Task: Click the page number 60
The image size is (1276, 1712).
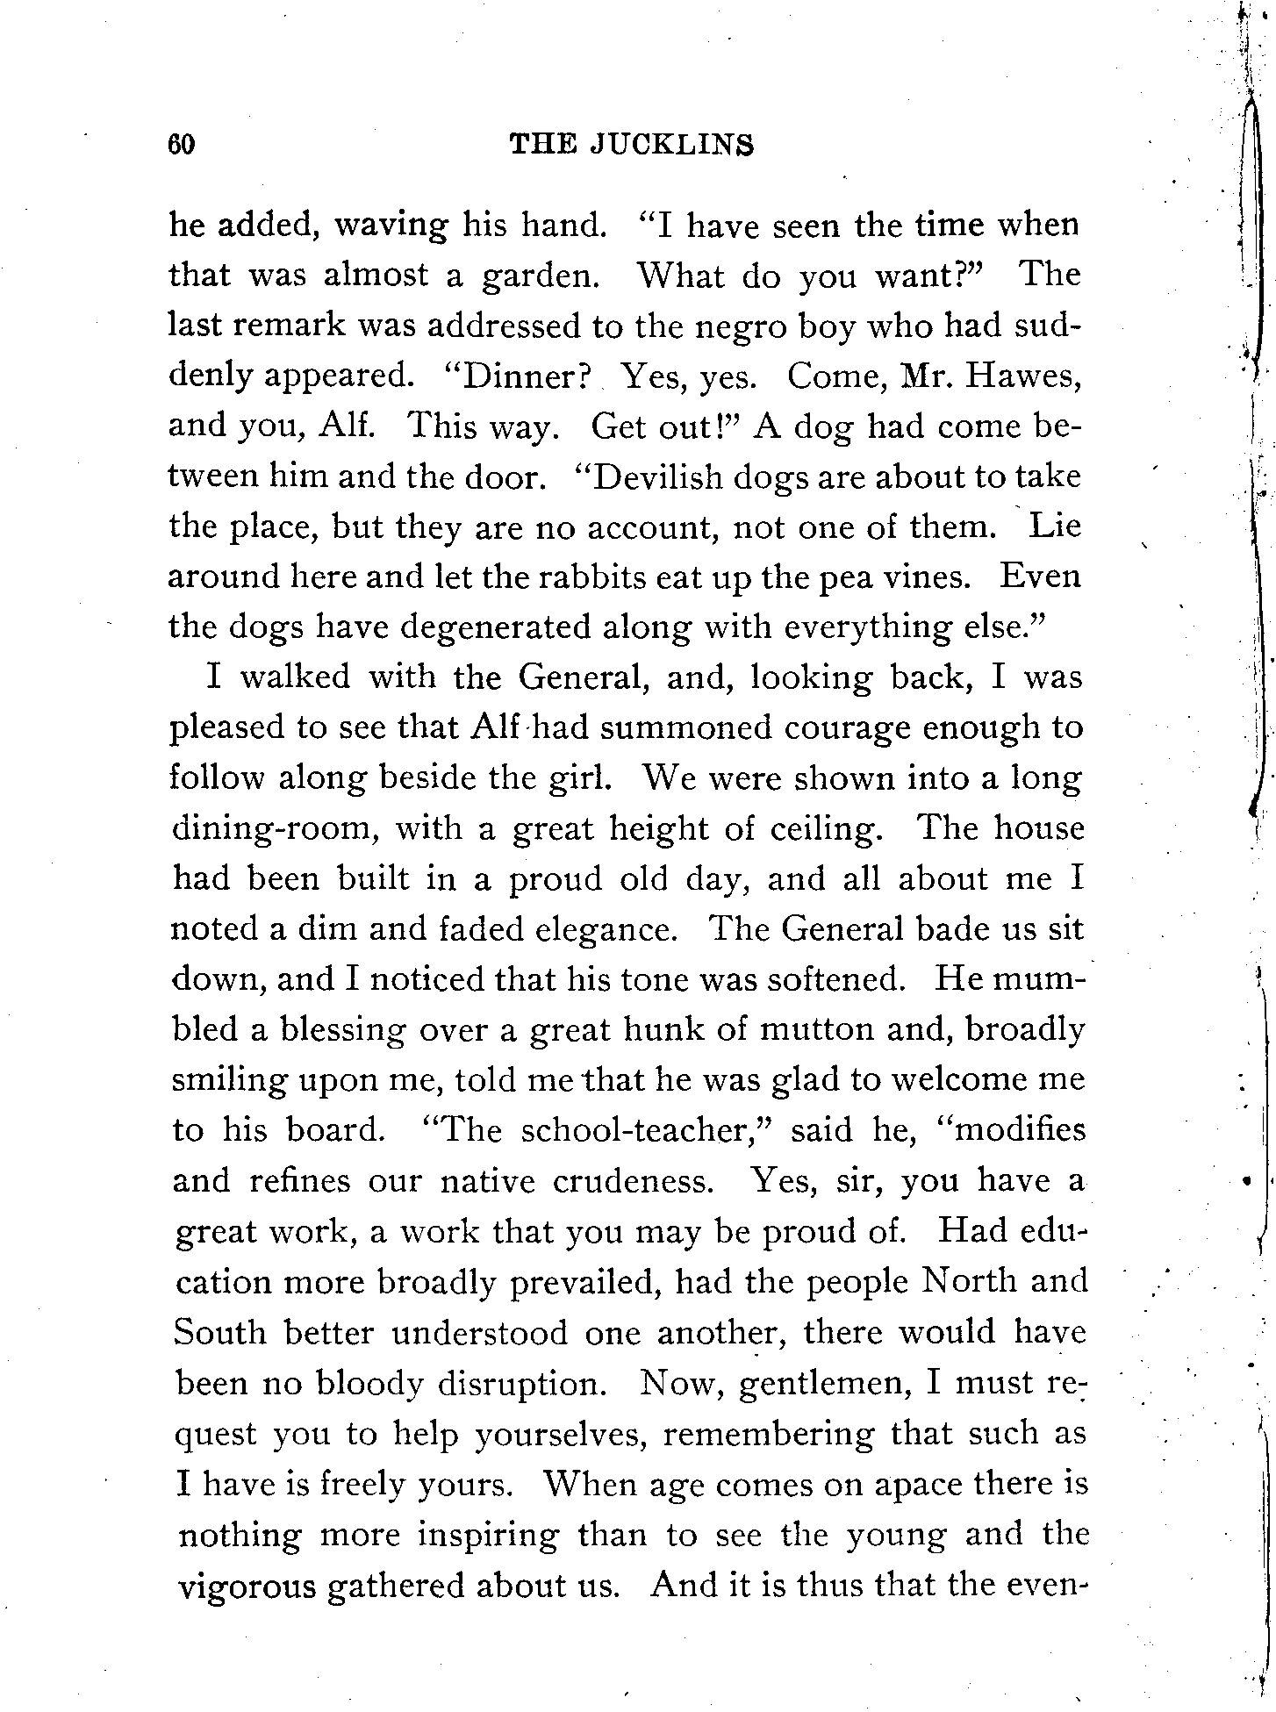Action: (181, 144)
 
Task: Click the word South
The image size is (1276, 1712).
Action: (219, 1333)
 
